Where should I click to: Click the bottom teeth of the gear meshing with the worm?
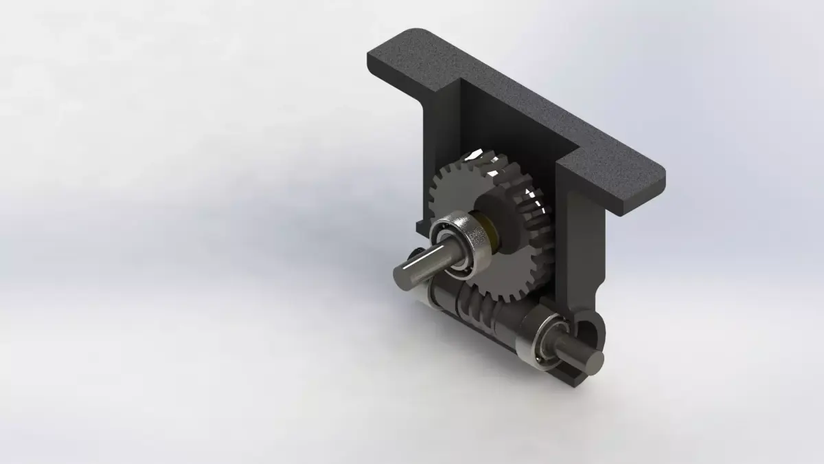(508, 292)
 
